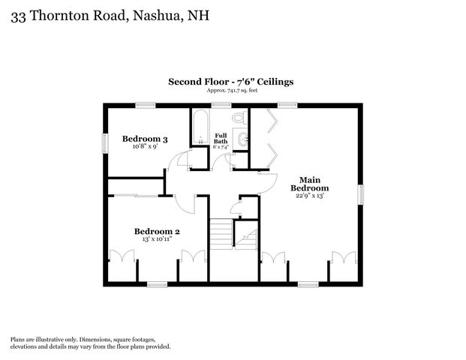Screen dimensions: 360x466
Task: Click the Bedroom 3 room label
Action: click(144, 139)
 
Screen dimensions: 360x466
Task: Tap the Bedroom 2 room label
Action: click(157, 232)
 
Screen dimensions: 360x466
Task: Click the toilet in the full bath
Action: click(239, 118)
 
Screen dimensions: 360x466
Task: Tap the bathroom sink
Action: click(242, 138)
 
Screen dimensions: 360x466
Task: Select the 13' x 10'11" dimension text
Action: click(157, 240)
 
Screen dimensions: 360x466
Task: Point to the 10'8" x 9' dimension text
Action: click(144, 147)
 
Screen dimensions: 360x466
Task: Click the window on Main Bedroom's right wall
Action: click(360, 194)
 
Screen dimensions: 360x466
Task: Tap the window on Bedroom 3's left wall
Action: click(105, 142)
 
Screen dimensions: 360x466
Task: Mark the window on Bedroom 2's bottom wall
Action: click(157, 284)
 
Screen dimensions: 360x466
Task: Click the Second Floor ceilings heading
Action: click(230, 82)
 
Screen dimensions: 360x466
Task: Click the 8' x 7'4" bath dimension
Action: click(221, 147)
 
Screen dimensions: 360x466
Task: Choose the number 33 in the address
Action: click(19, 14)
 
